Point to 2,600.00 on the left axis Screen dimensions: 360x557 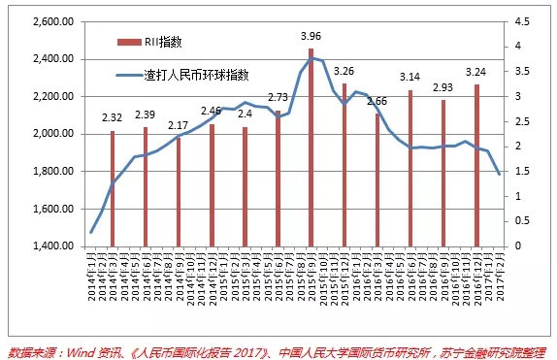tap(53, 21)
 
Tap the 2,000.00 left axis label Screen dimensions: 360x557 tap(53, 134)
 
